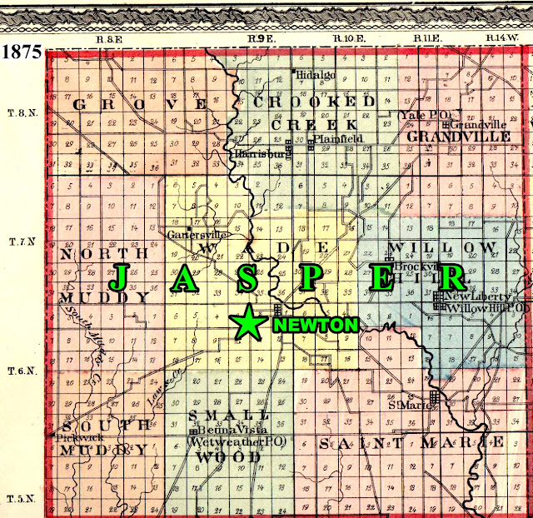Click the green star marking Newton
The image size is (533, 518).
247,322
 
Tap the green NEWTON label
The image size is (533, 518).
316,325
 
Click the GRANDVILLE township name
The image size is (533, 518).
458,135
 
